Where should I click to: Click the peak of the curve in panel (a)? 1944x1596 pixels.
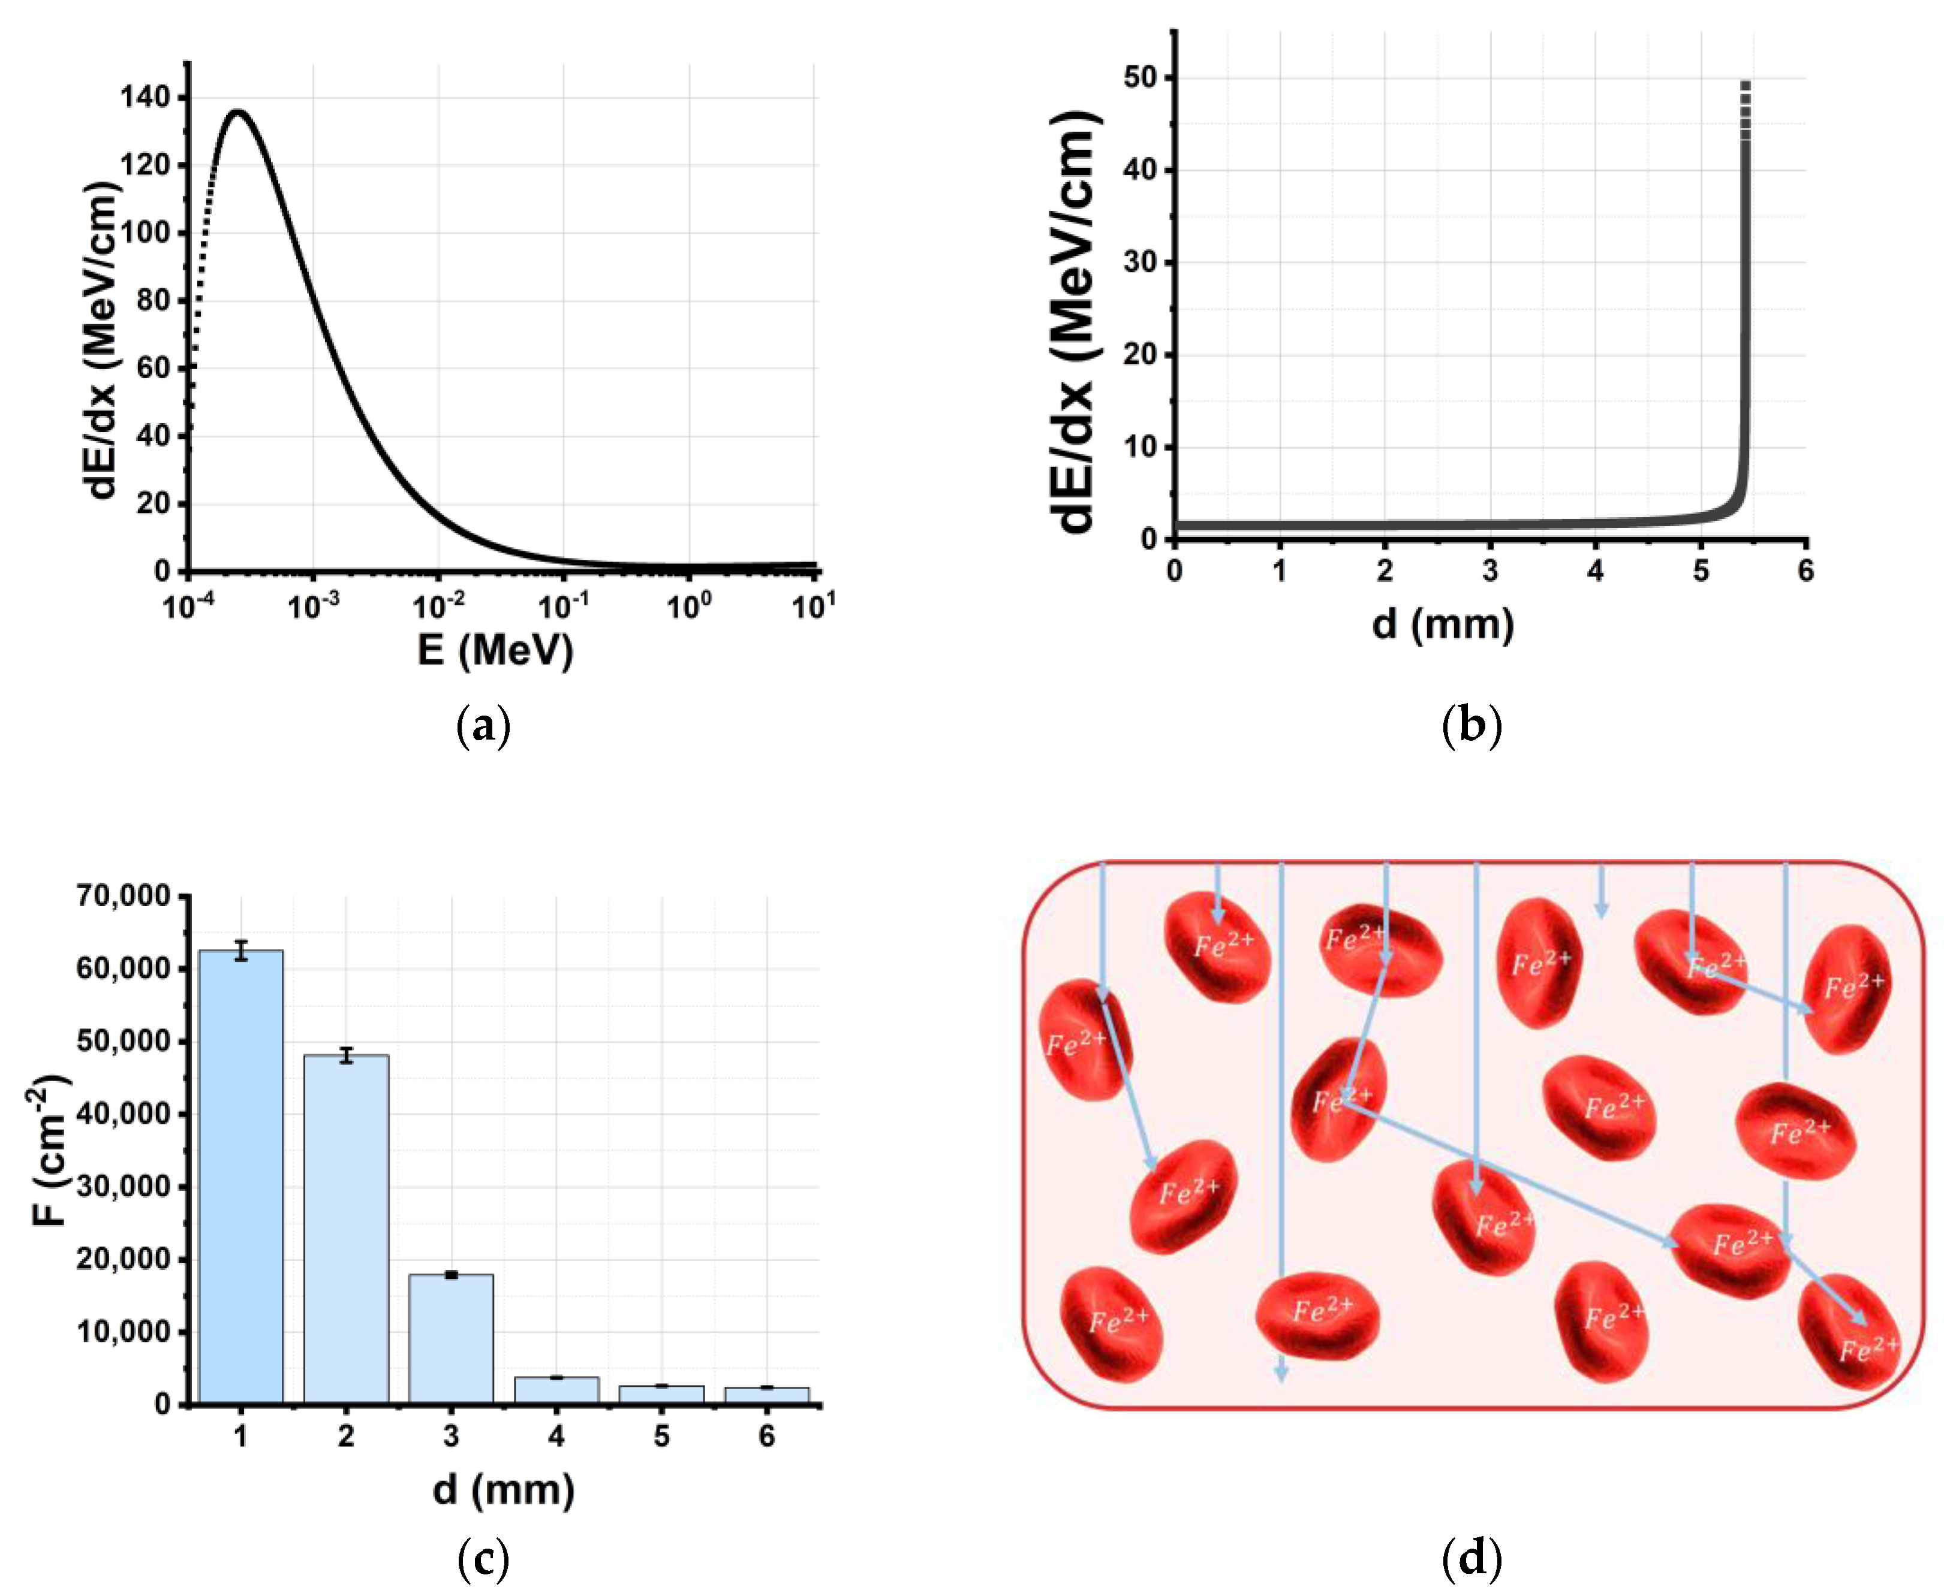coord(237,112)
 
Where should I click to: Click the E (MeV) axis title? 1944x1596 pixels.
coord(495,651)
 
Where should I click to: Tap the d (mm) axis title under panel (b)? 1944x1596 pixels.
coord(1442,625)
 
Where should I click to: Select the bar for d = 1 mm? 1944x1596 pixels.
coord(241,1177)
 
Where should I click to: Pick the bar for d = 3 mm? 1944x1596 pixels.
coord(450,1338)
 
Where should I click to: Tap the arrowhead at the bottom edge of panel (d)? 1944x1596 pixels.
coord(1281,1374)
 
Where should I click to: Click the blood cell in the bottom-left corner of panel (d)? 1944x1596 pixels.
coord(1112,1324)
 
